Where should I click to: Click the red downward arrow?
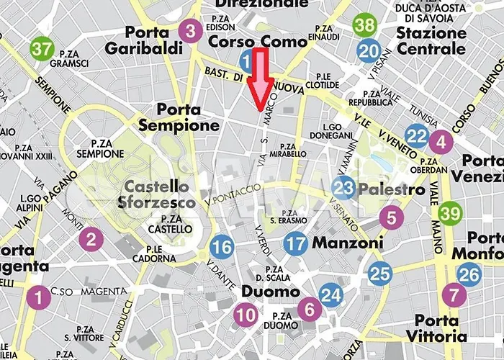259,79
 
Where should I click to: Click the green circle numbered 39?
450,214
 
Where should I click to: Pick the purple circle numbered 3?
190,31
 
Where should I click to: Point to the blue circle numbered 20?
369,50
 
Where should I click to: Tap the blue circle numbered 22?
416,135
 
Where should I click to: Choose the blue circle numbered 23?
345,189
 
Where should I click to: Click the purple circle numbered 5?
391,217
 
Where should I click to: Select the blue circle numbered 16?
222,248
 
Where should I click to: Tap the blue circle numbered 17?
295,243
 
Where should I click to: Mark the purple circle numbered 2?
91,238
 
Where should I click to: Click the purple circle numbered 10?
246,314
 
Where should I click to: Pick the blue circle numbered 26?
469,274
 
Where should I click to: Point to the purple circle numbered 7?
454,294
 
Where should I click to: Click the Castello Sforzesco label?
156,194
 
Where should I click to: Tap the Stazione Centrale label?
431,40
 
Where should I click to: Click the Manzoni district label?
348,243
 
